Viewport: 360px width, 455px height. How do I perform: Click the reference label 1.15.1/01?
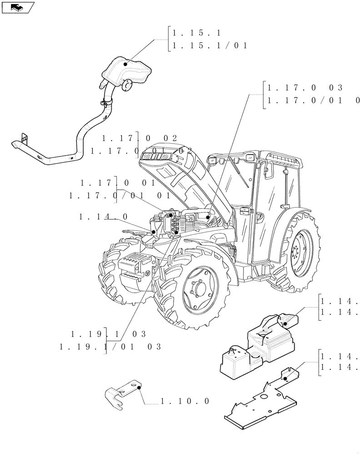[208, 45]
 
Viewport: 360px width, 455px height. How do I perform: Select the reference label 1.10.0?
[185, 401]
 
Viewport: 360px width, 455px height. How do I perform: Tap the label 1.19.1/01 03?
[110, 347]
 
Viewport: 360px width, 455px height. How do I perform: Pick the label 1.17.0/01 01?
[119, 196]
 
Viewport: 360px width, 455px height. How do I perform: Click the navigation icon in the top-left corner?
[18, 7]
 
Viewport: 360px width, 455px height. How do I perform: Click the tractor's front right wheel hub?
[198, 292]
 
